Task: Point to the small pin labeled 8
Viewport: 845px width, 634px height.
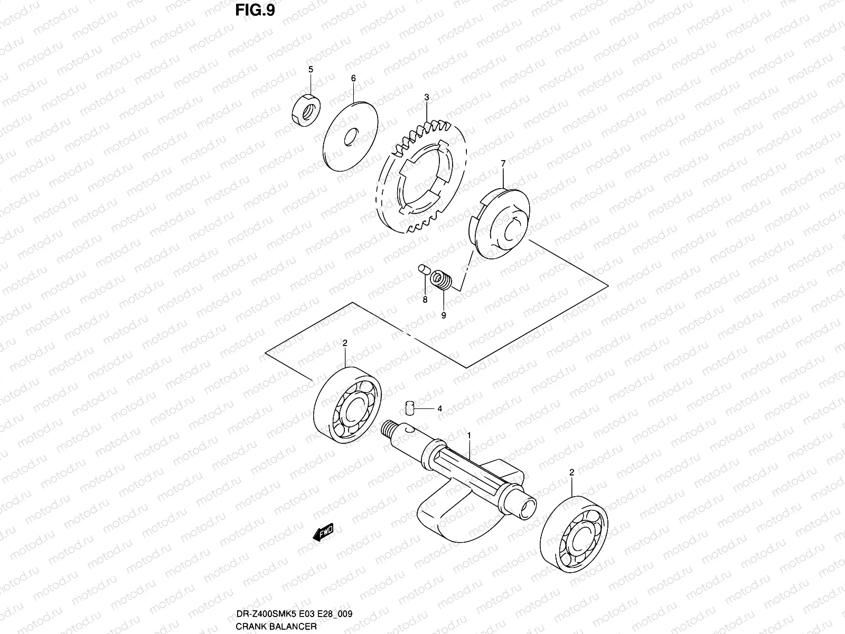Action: pos(422,271)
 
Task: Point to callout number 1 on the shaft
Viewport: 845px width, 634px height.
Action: pos(468,434)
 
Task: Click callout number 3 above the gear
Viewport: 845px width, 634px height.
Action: pos(426,98)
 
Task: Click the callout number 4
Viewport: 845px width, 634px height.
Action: pos(439,408)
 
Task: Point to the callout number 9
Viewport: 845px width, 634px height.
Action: pos(444,315)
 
